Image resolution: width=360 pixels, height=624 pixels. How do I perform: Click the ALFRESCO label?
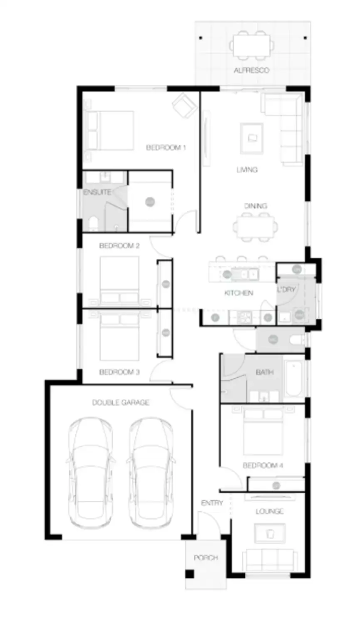251,71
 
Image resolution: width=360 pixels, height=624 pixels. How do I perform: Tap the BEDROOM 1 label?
166,147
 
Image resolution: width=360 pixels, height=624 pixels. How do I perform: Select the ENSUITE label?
97,192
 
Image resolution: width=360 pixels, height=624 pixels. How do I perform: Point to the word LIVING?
247,170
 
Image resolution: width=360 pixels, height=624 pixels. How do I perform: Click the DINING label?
255,206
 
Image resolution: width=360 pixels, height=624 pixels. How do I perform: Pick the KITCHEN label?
238,293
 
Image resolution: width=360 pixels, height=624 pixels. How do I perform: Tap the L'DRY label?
286,290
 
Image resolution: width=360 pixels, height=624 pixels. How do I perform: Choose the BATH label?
264,372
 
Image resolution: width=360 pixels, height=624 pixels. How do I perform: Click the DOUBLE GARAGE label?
121,402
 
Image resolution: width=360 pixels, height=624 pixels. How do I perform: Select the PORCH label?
206,557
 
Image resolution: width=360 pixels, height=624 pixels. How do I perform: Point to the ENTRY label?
212,503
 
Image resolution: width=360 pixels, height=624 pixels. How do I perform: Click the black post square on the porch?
190,574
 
